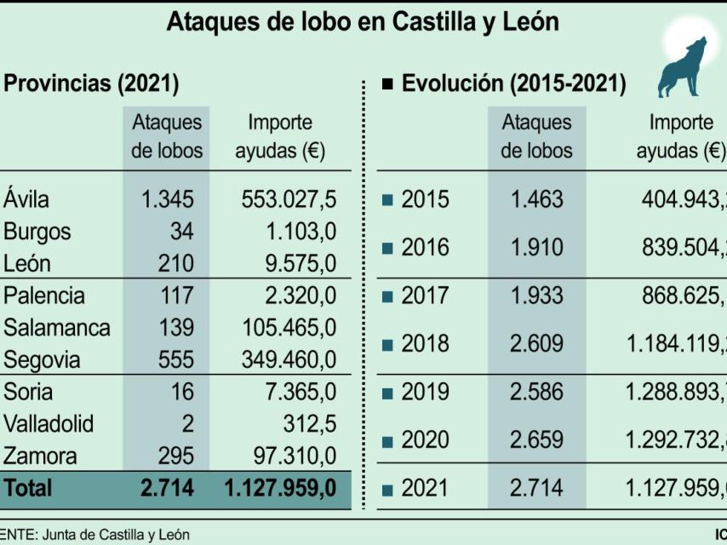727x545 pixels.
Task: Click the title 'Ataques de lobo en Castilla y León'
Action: click(x=363, y=22)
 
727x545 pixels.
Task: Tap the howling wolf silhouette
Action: click(x=681, y=68)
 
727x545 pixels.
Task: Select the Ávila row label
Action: click(x=26, y=199)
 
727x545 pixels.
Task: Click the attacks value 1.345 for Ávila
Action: click(x=167, y=199)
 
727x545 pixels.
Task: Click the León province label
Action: click(x=27, y=264)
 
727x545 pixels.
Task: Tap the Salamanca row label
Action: click(x=56, y=328)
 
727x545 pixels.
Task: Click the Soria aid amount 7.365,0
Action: click(x=300, y=392)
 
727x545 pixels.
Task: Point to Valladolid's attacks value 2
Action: click(x=187, y=424)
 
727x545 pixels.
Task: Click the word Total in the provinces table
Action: click(x=27, y=488)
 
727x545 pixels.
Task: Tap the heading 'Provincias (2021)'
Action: click(x=91, y=83)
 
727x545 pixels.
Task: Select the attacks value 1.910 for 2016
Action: click(x=536, y=248)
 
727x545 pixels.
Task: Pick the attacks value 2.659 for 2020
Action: click(x=536, y=440)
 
